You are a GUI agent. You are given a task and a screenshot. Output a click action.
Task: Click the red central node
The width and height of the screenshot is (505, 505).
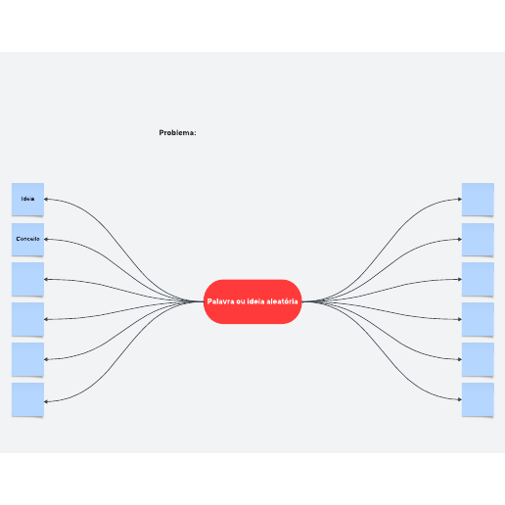(x=252, y=301)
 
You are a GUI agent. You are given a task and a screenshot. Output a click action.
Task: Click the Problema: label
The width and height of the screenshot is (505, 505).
(x=177, y=133)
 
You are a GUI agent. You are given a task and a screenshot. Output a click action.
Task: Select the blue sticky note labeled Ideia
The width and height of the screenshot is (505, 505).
(x=27, y=200)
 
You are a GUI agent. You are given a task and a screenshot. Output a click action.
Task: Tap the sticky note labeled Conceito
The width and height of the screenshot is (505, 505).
(x=27, y=240)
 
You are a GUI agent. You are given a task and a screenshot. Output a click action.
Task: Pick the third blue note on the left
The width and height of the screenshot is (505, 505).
(x=27, y=279)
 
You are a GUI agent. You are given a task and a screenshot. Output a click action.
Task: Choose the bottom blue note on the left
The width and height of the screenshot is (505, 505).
(x=27, y=399)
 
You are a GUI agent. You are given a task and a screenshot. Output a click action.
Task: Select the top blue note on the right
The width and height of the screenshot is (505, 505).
(x=478, y=200)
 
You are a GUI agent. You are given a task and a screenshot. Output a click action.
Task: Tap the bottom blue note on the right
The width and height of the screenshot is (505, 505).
(x=478, y=399)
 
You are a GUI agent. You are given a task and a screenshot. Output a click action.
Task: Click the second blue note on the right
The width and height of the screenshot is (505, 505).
(x=478, y=240)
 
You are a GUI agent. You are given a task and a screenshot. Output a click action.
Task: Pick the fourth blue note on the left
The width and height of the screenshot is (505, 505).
(x=27, y=319)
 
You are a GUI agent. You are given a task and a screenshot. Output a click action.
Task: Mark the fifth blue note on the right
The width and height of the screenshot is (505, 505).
(x=478, y=359)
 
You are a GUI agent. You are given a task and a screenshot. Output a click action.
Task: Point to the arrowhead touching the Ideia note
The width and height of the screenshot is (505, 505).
(x=46, y=199)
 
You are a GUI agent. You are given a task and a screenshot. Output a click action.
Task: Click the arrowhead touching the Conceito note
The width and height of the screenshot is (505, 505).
(x=46, y=239)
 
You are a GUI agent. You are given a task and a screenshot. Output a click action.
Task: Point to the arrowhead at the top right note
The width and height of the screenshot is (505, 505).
(x=460, y=199)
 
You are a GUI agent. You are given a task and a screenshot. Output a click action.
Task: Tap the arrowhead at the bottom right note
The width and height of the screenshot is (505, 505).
(x=460, y=399)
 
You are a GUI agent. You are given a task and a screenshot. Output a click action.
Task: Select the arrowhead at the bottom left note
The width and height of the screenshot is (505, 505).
(x=46, y=401)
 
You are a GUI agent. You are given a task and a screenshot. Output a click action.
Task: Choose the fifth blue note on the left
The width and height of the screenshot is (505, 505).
(x=27, y=359)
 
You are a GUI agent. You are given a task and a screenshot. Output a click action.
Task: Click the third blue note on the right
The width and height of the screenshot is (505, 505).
(x=478, y=279)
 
